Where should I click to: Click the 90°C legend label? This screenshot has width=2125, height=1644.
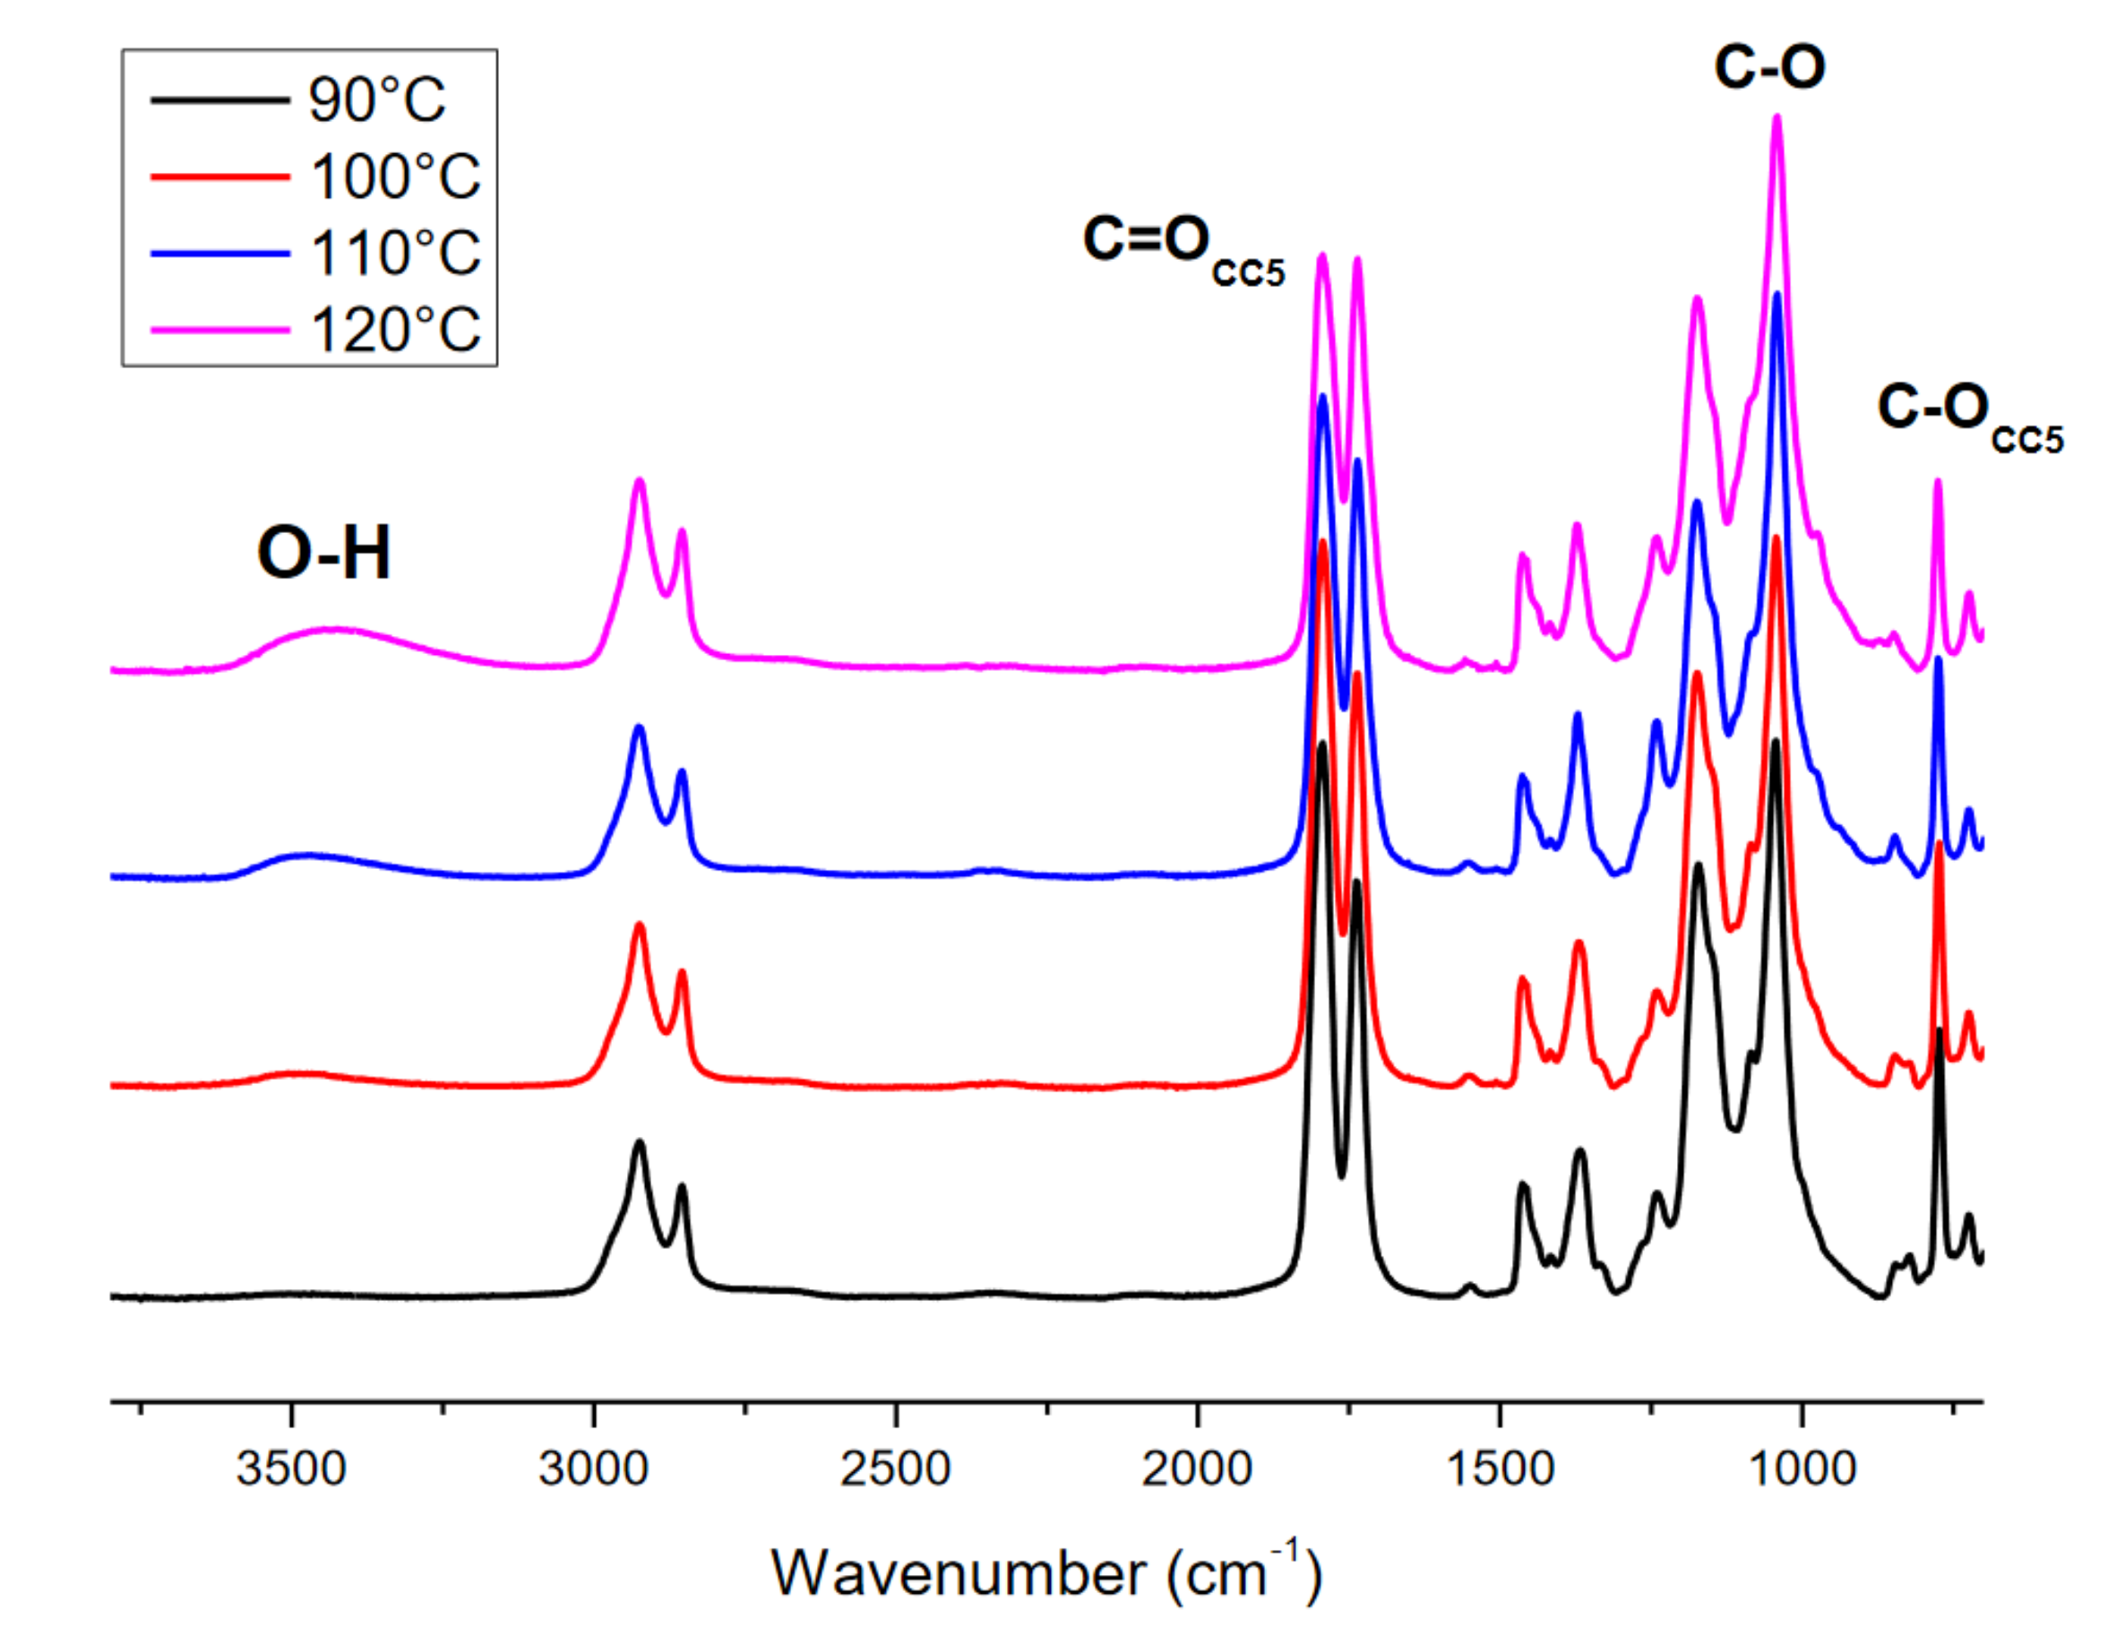(376, 99)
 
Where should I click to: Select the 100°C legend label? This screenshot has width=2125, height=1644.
(395, 177)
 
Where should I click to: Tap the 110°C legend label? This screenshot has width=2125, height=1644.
(395, 253)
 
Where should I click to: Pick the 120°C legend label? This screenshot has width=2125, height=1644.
(395, 330)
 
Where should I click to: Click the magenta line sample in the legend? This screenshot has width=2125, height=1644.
(219, 330)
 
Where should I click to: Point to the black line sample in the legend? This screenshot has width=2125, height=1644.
(219, 100)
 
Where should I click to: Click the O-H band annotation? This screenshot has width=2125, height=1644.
(324, 554)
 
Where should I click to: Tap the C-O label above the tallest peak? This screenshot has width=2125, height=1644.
(1768, 68)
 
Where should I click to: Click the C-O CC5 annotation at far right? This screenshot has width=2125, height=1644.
(1968, 413)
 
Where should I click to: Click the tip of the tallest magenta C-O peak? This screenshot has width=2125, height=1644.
(1777, 118)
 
